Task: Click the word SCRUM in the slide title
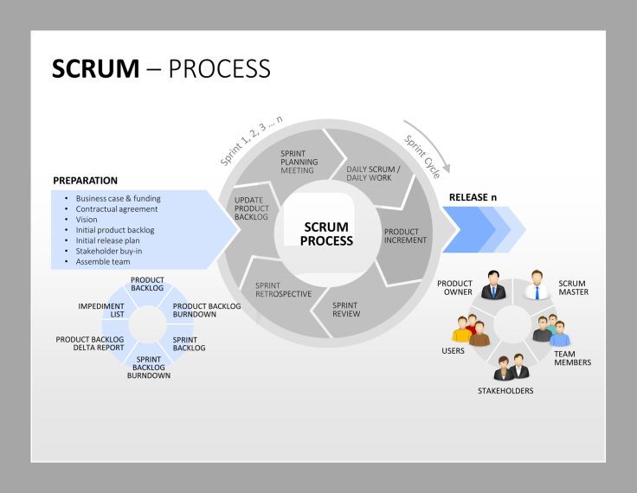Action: point(95,69)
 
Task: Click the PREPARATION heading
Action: point(85,181)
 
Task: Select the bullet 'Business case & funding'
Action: point(118,198)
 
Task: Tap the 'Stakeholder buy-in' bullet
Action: point(108,251)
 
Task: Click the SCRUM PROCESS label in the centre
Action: point(326,234)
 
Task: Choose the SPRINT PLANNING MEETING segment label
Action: point(299,162)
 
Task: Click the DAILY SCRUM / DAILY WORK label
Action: point(372,173)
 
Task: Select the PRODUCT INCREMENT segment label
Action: point(405,236)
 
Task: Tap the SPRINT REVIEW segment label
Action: point(346,309)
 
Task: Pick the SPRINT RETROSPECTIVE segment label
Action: point(283,289)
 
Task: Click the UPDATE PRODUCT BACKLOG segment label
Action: point(252,208)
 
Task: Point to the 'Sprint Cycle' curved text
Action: point(422,157)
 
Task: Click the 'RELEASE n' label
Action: point(473,197)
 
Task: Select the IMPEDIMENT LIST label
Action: point(101,310)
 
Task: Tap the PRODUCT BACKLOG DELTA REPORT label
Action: point(90,343)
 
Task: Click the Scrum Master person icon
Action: point(537,285)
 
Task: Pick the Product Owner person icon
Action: point(494,285)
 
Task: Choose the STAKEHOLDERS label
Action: point(505,391)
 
